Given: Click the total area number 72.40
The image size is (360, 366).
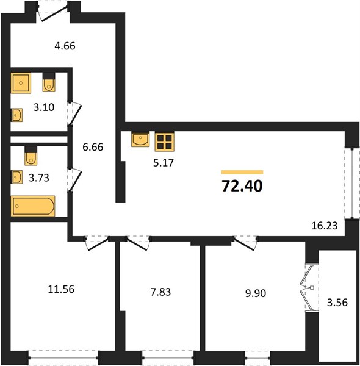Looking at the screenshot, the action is point(242,186).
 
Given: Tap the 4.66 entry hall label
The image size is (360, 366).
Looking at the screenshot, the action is point(65,46).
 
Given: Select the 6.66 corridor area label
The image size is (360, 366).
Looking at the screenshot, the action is point(93,147).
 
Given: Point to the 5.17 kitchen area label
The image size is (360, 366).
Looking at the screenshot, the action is point(164,163).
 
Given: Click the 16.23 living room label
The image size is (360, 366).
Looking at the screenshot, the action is point(325,226).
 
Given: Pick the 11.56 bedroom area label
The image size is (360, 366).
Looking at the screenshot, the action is point(61,289).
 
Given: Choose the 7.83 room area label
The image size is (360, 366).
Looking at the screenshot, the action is point(160,292).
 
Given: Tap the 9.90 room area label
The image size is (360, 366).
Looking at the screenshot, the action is point(256,293).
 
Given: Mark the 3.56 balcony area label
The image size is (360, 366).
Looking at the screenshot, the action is point(337,303).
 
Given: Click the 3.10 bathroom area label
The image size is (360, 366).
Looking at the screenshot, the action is point(44,107).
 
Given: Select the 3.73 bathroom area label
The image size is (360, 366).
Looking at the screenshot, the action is point(39,178).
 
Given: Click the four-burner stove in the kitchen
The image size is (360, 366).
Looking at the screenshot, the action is point(165,142).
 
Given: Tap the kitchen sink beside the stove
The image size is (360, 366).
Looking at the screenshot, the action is point(140,140).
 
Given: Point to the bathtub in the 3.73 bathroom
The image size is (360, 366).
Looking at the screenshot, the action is point(33,206).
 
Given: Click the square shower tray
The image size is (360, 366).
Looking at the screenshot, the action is point(21,83).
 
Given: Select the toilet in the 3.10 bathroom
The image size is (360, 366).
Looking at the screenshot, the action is point(49,83).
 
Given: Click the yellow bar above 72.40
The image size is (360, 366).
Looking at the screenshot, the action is point(242,172).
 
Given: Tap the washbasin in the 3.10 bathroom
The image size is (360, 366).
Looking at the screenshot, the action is point(17,115).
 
